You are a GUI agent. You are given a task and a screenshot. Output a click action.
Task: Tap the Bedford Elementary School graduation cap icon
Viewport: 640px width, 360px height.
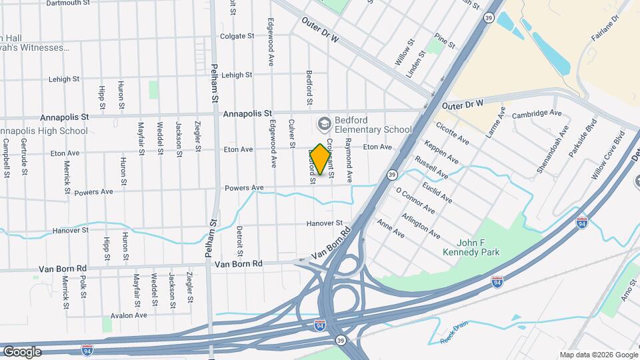tap(324, 123)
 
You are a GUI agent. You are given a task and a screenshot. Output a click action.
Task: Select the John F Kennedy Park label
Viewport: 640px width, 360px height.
tap(471, 247)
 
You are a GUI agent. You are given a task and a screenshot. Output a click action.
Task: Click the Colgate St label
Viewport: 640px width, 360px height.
tap(237, 36)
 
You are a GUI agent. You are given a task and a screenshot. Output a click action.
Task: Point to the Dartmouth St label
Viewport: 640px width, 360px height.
tap(67, 3)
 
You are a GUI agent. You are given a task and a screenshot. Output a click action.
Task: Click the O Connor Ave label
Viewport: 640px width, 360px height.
tap(415, 201)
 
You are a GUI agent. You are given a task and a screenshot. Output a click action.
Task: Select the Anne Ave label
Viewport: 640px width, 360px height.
tap(391, 229)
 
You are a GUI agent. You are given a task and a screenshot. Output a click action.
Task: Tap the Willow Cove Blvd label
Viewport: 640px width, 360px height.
tap(607, 155)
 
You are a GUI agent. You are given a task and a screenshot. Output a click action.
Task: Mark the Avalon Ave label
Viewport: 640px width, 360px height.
tap(128, 315)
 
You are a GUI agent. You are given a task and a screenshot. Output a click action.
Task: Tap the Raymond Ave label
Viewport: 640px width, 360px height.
tap(348, 161)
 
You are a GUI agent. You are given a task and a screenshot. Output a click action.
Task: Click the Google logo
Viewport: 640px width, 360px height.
tap(22, 351)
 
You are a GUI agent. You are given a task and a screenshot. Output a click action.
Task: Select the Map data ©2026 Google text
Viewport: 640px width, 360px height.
tap(598, 355)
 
